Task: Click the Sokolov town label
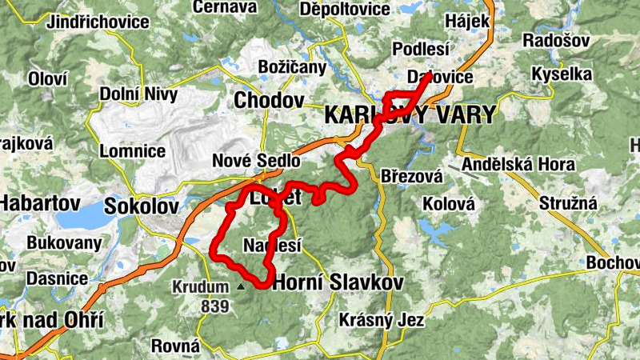tap(142, 206)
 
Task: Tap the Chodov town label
tap(270, 101)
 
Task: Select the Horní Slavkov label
tap(338, 282)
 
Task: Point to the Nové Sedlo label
tap(256, 161)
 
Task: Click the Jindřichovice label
tap(98, 22)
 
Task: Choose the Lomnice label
tap(133, 150)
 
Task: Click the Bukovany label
tap(64, 242)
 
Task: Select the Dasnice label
tap(57, 278)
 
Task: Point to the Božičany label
tap(292, 67)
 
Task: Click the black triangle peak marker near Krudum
tap(241, 285)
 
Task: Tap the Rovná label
tap(175, 346)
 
